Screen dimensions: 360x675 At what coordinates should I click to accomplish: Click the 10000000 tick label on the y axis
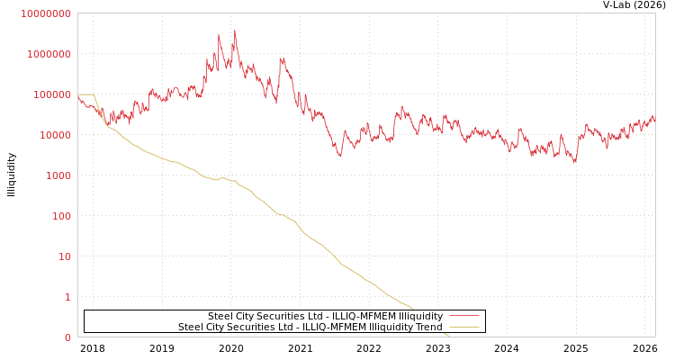[45, 13]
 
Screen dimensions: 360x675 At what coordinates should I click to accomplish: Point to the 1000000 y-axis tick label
[49, 54]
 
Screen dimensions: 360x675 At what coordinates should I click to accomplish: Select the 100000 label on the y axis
[51, 94]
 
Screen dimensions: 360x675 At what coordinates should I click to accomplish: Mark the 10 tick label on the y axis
[64, 256]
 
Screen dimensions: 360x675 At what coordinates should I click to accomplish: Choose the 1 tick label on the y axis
[67, 297]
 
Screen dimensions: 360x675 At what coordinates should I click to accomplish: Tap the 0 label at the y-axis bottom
[67, 337]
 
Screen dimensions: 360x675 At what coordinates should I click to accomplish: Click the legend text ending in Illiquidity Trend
[310, 328]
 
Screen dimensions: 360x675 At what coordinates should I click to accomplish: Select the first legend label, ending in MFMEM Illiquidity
[325, 317]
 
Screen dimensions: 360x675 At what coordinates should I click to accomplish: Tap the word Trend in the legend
[427, 328]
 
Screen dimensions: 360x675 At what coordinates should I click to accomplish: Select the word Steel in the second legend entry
[191, 328]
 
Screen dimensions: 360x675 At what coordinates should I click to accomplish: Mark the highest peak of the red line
[235, 31]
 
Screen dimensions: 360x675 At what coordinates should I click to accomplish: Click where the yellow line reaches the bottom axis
[448, 336]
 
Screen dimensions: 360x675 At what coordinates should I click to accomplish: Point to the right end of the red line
[654, 120]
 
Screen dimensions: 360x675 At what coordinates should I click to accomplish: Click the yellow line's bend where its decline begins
[94, 94]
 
